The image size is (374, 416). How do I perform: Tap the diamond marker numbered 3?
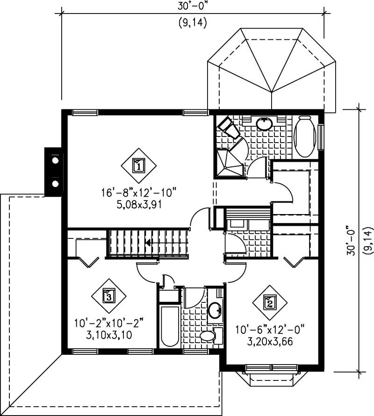tap(108, 296)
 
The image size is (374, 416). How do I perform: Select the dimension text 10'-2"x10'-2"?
tap(108, 323)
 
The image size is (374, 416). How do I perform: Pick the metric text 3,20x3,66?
tap(270, 341)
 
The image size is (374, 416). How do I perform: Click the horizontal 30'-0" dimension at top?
tap(193, 7)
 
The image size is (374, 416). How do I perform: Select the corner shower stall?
tap(229, 163)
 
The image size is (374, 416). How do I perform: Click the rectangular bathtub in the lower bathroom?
tap(169, 326)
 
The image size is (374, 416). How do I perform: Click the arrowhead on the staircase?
tap(148, 243)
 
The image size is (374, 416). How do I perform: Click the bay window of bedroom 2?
tap(270, 377)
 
